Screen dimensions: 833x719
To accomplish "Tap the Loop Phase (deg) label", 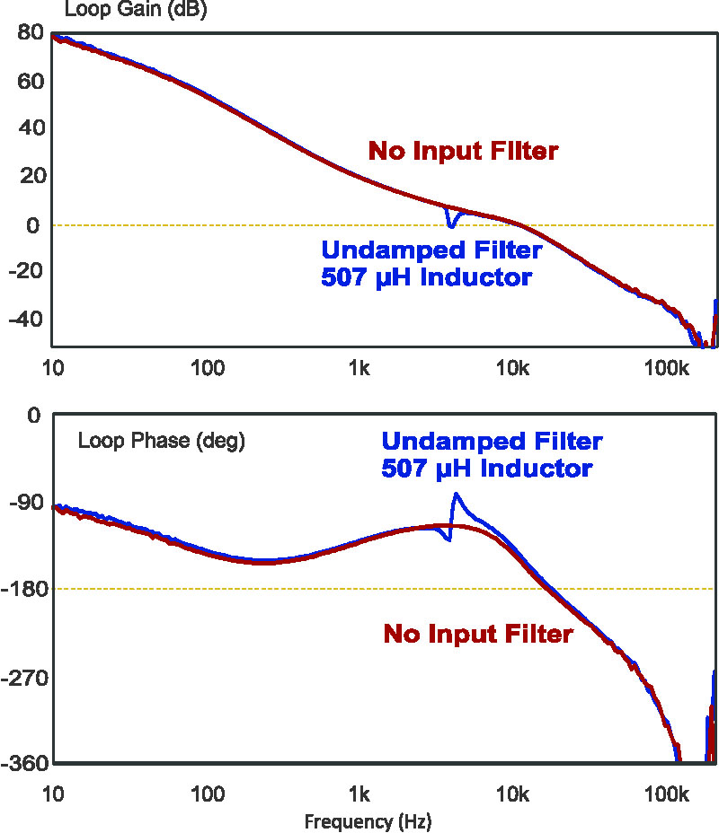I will click(x=161, y=441).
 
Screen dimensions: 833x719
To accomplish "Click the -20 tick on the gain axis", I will click(x=24, y=272).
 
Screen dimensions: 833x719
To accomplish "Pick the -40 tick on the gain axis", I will click(x=24, y=320).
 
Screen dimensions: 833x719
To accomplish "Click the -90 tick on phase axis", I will click(x=24, y=503).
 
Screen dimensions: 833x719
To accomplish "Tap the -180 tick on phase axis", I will click(x=22, y=590).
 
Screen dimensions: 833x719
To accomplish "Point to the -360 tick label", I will click(x=22, y=764).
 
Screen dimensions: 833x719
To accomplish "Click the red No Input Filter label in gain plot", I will click(x=464, y=151).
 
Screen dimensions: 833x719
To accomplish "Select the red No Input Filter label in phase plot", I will click(x=478, y=634).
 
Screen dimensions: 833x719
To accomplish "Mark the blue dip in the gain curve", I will click(x=451, y=224).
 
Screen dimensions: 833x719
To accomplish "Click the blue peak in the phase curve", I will click(x=457, y=495).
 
